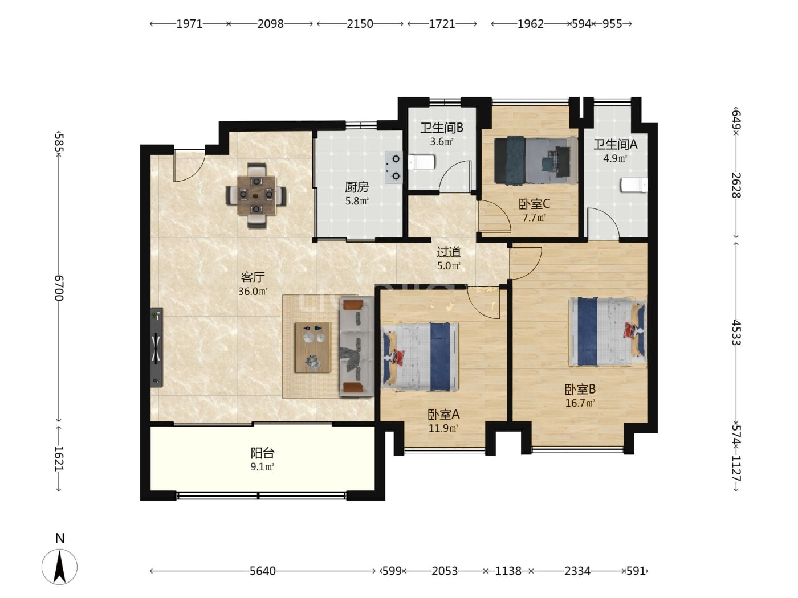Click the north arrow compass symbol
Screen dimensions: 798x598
[59, 567]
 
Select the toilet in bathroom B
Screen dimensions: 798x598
[422, 162]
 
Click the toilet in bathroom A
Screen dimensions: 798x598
[634, 185]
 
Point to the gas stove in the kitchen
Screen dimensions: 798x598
[394, 167]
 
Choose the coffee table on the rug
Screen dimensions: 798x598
[313, 347]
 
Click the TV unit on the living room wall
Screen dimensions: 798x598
[157, 347]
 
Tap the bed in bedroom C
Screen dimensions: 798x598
[535, 160]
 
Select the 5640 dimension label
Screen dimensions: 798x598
[262, 571]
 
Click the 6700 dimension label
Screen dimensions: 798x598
[59, 288]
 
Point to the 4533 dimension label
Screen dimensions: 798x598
[736, 332]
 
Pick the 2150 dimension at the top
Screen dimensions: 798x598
[360, 24]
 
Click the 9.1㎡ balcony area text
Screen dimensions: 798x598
[262, 466]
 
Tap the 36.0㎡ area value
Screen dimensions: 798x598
[253, 291]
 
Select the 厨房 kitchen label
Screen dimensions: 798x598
[357, 187]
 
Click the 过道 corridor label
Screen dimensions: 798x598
[449, 252]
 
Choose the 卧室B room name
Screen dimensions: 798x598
[580, 389]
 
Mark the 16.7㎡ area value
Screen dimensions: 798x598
[580, 403]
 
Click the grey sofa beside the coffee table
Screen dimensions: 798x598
[357, 346]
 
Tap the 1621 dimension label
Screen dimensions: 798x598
[59, 459]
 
